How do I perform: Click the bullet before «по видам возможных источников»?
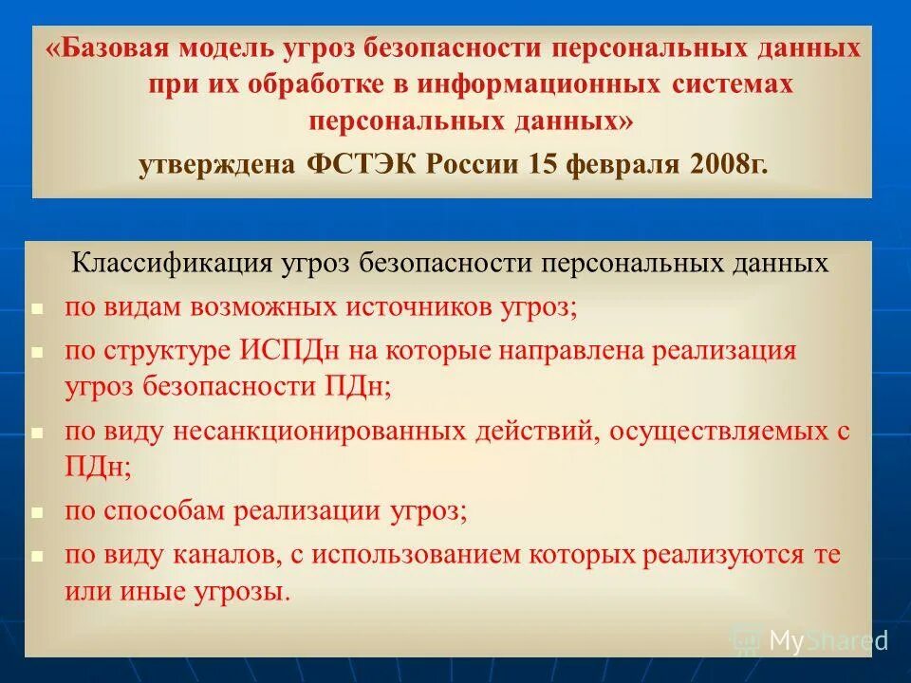click(37, 309)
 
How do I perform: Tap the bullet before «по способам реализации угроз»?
click(37, 513)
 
